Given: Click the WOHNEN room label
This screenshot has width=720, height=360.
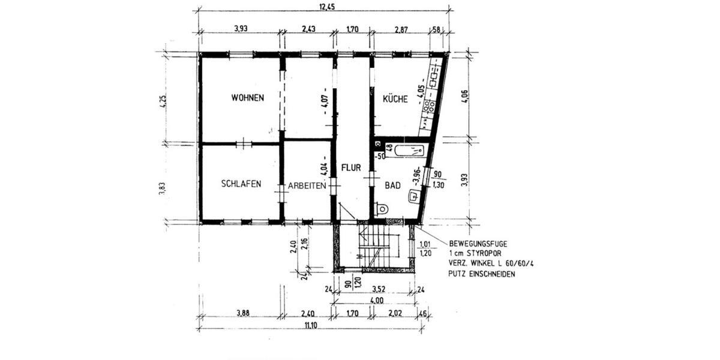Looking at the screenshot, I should (x=248, y=98).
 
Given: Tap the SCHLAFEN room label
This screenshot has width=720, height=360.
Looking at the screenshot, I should (x=241, y=184).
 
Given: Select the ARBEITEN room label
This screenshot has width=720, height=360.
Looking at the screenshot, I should (x=307, y=186).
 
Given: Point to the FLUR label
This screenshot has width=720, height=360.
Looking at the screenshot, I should (x=351, y=168).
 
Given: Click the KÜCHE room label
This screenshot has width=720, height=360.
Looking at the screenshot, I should (x=395, y=99).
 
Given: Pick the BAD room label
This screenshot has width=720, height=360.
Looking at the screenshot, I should (x=392, y=186).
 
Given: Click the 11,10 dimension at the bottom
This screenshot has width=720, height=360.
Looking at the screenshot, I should (x=310, y=325).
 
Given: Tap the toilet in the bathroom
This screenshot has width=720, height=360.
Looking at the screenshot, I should (x=381, y=209).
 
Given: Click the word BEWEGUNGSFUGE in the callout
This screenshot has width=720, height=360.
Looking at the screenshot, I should (x=478, y=244).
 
